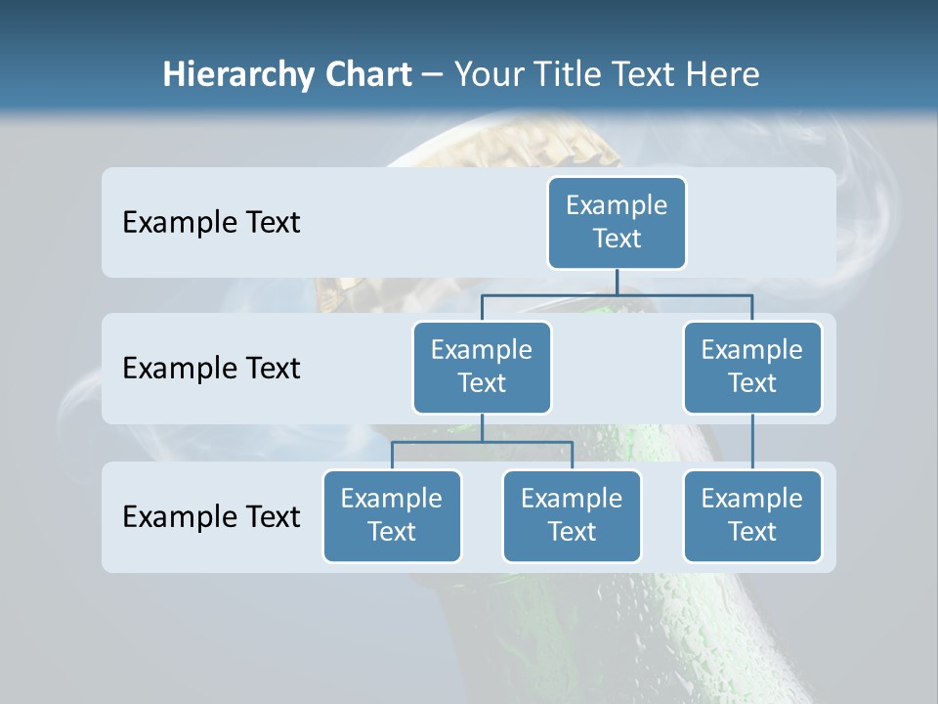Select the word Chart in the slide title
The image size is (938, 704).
368,74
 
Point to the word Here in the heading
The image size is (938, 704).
722,74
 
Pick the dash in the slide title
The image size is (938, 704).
433,75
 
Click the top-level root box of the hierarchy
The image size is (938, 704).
617,223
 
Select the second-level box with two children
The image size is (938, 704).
482,368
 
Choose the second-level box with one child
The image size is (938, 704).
752,368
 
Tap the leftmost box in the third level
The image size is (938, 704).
392,516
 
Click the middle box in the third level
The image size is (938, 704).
572,516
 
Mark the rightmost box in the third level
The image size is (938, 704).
752,516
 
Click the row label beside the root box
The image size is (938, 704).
211,223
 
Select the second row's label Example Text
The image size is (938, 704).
211,369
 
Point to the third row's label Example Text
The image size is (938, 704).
211,516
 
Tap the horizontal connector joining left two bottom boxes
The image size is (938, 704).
440,442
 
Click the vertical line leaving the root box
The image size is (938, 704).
617,283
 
